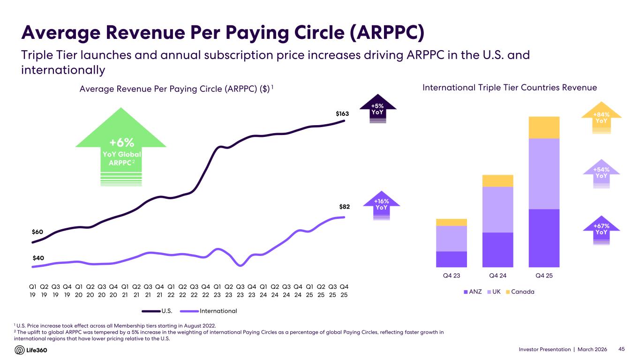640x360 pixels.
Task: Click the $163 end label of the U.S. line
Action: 342,113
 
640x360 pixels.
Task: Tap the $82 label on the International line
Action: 344,206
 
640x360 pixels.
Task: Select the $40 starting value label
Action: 38,257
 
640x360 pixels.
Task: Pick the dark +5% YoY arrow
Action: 378,111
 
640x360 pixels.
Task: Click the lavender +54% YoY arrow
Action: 601,174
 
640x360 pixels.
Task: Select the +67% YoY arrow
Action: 601,231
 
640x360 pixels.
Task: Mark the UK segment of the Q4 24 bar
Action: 497,210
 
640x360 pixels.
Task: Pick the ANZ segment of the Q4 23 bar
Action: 451,259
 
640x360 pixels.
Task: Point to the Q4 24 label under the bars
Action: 497,275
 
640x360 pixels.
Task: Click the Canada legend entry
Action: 520,292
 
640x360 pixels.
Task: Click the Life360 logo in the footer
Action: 31,350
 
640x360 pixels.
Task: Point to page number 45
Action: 622,350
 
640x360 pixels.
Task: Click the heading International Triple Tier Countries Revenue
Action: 510,88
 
